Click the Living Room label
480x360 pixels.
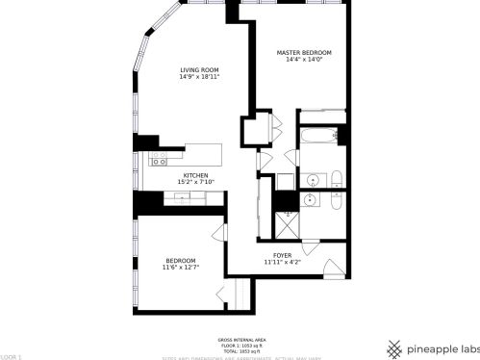pos(199,69)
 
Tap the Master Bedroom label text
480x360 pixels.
pos(304,52)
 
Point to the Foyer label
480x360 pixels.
pos(282,254)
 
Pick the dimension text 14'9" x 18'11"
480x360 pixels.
pos(199,77)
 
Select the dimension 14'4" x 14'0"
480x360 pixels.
pos(304,60)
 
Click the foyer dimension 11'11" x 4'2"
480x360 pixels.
pos(282,262)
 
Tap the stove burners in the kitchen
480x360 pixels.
pos(160,161)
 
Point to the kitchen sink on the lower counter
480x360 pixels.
pos(184,198)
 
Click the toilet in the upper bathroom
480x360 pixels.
pos(337,178)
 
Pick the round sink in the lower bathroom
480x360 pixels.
pos(310,200)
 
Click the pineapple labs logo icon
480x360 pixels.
pos(393,347)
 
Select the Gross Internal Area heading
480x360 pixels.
pos(240,339)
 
